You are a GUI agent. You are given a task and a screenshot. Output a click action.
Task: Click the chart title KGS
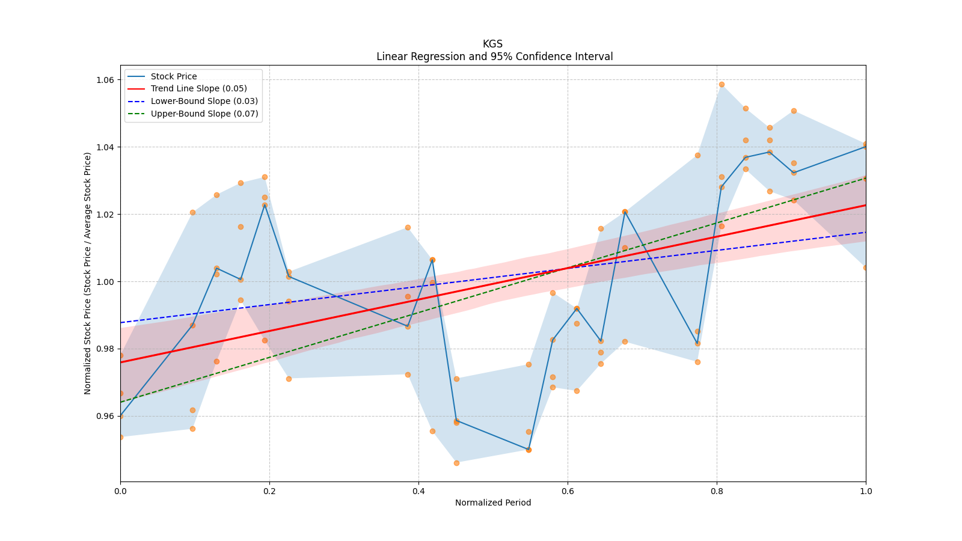pyautogui.click(x=492, y=44)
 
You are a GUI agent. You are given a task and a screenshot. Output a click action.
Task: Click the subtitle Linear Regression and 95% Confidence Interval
pyautogui.click(x=494, y=57)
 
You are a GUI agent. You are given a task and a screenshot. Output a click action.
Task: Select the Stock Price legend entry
pyautogui.click(x=174, y=76)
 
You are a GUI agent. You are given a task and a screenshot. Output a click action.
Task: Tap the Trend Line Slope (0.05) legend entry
pyautogui.click(x=198, y=89)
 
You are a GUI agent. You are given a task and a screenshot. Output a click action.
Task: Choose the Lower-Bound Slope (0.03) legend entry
pyautogui.click(x=204, y=101)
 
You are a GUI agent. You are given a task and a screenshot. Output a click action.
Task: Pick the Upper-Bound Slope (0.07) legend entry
pyautogui.click(x=204, y=114)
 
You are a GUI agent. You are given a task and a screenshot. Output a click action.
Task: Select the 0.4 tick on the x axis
pyautogui.click(x=418, y=491)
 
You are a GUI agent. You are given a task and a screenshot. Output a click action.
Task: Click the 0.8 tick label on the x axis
pyautogui.click(x=717, y=491)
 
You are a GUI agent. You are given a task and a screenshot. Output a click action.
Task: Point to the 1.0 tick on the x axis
pyautogui.click(x=866, y=491)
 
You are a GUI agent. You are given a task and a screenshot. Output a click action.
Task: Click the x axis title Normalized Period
pyautogui.click(x=493, y=503)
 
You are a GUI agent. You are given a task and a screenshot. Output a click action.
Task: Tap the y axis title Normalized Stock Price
pyautogui.click(x=88, y=273)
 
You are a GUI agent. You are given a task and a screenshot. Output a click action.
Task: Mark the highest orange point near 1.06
pyautogui.click(x=721, y=84)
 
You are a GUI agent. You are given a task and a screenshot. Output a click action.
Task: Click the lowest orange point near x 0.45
pyautogui.click(x=456, y=463)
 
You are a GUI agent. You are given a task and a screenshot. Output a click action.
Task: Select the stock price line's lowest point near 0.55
pyautogui.click(x=528, y=450)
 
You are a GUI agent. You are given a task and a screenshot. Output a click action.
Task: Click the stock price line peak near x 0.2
pyautogui.click(x=265, y=205)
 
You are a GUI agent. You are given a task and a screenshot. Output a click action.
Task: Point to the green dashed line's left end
pyautogui.click(x=121, y=402)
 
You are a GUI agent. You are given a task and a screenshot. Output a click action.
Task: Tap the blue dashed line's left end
pyautogui.click(x=121, y=323)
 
